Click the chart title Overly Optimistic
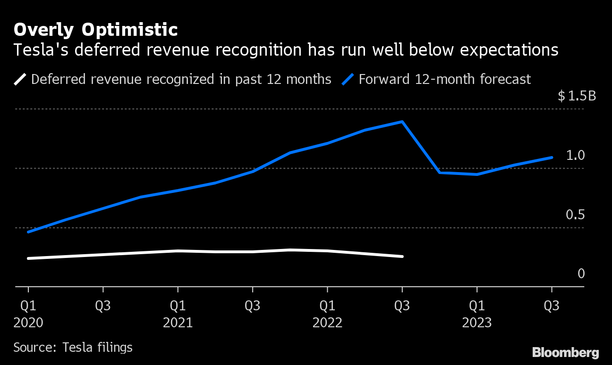[x=95, y=30]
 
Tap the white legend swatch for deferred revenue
[x=20, y=79]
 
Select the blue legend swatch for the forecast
[x=348, y=79]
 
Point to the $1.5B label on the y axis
[x=577, y=96]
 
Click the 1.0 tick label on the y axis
[x=575, y=155]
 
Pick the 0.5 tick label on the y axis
[x=575, y=215]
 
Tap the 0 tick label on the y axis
[x=581, y=274]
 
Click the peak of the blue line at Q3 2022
[x=402, y=122]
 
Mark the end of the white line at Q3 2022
[x=402, y=257]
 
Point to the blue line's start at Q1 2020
[x=28, y=232]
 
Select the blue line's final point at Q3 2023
[x=552, y=158]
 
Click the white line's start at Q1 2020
[x=28, y=258]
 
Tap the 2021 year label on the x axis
[x=178, y=323]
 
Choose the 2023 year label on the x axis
[x=477, y=323]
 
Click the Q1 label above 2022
[x=327, y=306]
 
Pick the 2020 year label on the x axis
[x=28, y=323]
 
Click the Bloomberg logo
[x=566, y=352]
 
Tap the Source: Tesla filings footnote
[x=73, y=348]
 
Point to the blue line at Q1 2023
[x=477, y=174]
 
